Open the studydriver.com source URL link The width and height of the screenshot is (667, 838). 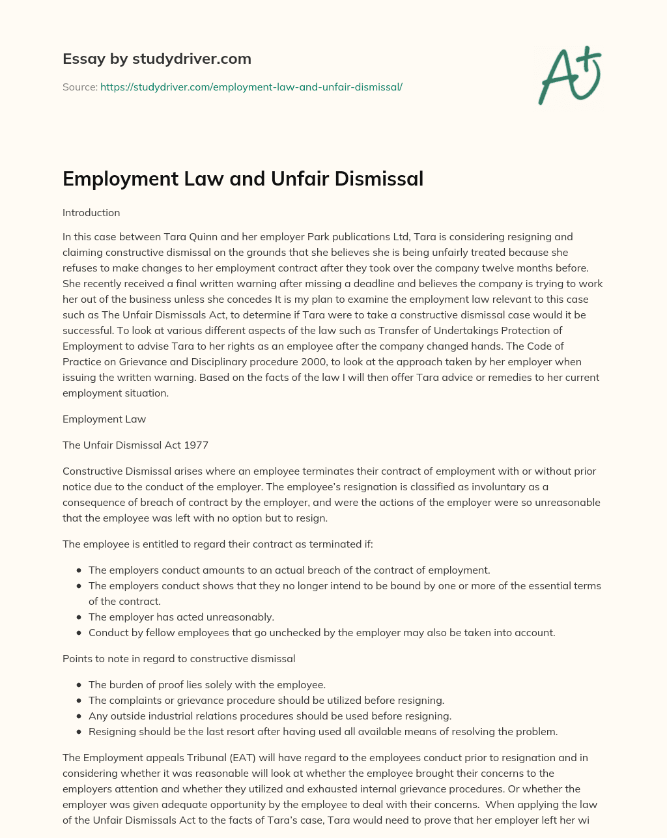coord(251,87)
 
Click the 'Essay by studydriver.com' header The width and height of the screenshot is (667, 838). coord(156,59)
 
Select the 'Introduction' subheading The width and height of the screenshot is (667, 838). coord(91,213)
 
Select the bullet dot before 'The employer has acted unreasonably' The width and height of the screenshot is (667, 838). coord(79,617)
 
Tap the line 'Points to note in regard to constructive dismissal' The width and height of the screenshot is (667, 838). coord(178,659)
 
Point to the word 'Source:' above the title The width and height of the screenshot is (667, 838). coord(79,87)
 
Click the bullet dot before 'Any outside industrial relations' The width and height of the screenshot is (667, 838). coord(79,716)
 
